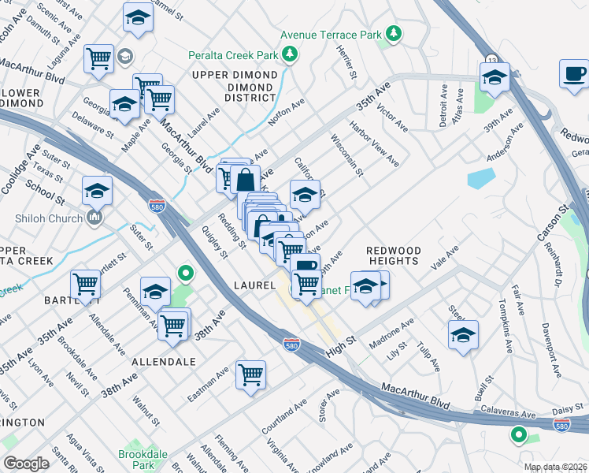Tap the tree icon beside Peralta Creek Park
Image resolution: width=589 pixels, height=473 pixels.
[291, 54]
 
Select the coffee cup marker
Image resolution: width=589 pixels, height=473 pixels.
[574, 74]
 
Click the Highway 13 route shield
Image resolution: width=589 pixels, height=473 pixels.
[491, 59]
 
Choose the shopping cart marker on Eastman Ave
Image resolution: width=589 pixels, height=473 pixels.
[250, 375]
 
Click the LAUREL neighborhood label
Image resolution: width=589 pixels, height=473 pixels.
[253, 285]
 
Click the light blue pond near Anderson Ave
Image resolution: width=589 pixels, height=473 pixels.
[480, 178]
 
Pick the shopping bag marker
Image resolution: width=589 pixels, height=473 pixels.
[245, 178]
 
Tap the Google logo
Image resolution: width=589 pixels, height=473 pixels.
[26, 464]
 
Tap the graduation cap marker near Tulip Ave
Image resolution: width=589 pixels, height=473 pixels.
[464, 334]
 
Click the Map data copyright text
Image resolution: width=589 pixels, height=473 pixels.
[554, 467]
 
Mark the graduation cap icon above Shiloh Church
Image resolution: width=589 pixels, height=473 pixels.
[98, 191]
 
